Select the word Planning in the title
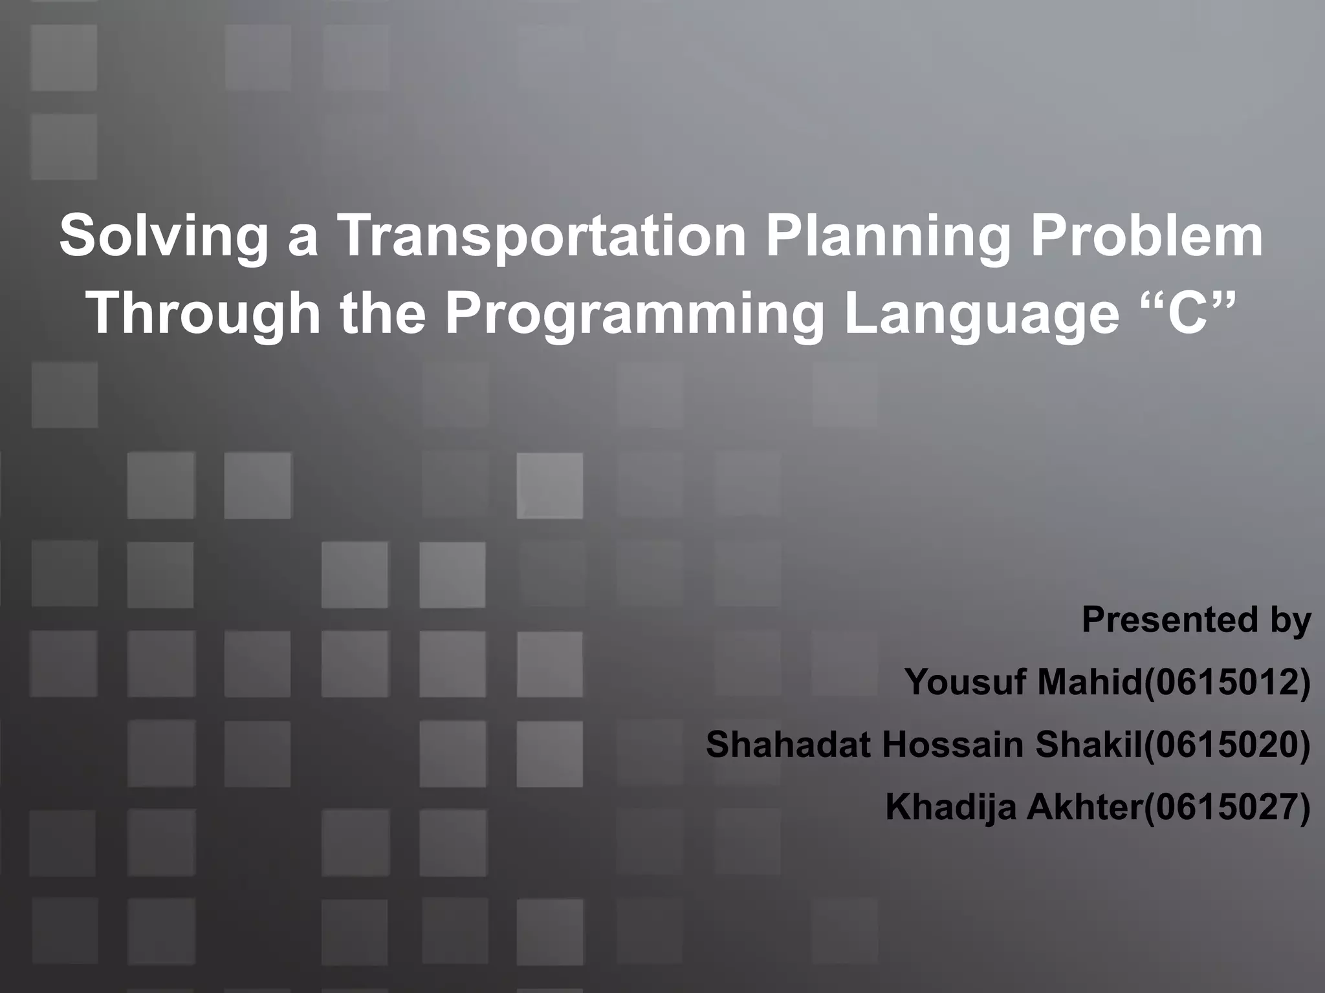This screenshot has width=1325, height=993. [887, 236]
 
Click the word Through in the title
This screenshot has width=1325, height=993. [203, 314]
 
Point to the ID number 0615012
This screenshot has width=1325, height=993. [1227, 682]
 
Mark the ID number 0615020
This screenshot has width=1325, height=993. [1227, 744]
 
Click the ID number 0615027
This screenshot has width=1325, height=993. [1227, 807]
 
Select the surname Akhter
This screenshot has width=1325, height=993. [1084, 807]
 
